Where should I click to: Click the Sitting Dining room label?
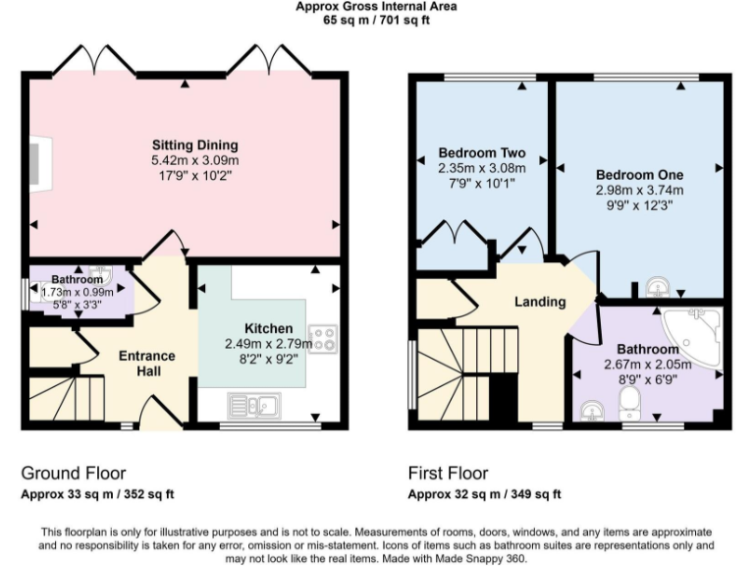coord(194,145)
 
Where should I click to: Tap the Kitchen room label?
coord(268,328)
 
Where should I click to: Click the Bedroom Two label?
coord(481,153)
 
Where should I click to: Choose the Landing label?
coord(540,302)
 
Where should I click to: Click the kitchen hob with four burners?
coord(323,338)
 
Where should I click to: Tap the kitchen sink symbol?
coord(254,404)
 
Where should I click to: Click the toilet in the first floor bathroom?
coord(629,401)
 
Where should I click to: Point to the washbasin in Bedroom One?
coord(658,286)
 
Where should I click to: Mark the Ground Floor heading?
coord(74,474)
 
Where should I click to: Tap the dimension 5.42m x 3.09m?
coord(194,160)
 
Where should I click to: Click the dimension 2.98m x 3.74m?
coord(639,190)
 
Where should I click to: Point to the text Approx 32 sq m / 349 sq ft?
coord(484,493)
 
